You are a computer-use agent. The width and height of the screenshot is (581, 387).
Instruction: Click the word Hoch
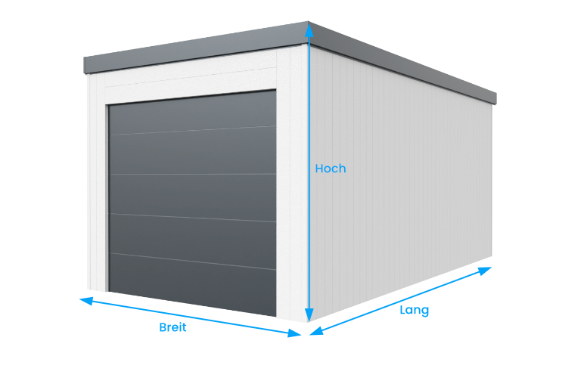331,169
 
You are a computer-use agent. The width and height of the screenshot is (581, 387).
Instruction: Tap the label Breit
172,327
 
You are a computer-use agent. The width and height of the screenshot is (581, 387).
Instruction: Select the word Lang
415,311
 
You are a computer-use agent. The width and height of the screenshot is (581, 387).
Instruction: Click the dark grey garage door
192,203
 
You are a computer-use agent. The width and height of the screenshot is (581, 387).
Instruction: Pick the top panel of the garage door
192,112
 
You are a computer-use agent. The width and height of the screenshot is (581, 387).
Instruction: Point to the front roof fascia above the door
197,48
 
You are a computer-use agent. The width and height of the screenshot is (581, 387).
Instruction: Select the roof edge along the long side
402,62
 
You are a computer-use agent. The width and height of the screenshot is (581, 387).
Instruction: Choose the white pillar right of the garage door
292,184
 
